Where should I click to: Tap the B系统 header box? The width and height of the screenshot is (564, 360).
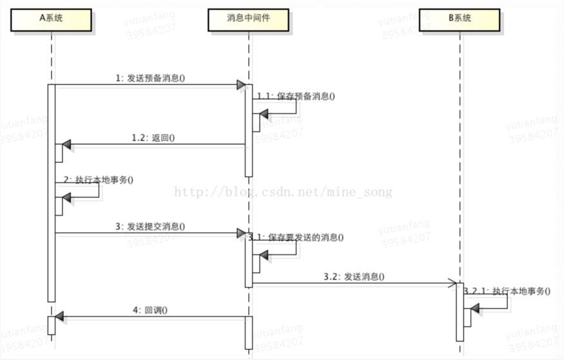coord(460,19)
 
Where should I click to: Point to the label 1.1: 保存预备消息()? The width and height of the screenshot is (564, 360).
coord(296,97)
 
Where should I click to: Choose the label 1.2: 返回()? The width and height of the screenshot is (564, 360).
coord(153,137)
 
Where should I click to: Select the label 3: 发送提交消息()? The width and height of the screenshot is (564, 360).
coord(150,226)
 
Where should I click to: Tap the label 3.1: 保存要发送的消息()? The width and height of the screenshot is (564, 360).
coord(296,237)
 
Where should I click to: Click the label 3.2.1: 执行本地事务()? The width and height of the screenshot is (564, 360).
coord(507,291)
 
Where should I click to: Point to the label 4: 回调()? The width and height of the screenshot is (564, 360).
coord(150,310)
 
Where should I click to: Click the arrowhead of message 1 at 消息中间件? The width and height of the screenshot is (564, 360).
coord(241,85)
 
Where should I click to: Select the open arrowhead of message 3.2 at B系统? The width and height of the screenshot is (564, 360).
coord(452,282)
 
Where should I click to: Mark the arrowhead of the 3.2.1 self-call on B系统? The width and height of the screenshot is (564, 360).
coord(475,310)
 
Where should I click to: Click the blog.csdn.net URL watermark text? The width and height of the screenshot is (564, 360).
coord(284,192)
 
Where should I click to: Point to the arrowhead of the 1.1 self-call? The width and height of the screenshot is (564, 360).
coord(264,114)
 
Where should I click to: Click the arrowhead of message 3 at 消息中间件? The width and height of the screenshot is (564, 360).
coord(241,232)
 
